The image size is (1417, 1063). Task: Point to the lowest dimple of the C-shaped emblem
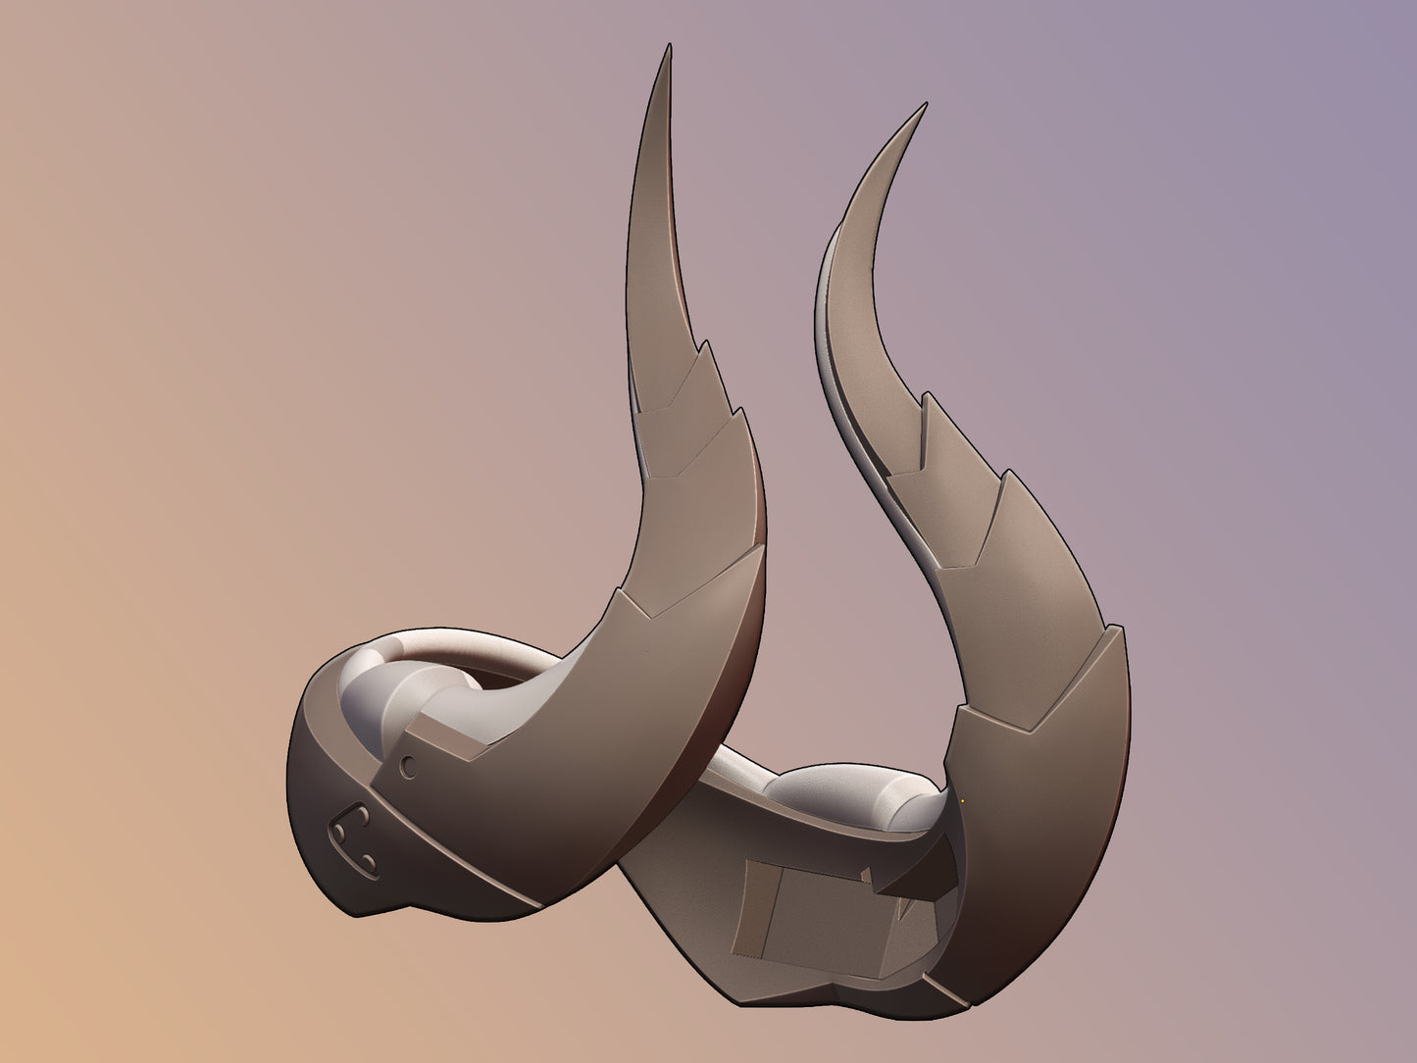point(371,862)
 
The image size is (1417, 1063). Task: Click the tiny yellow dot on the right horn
point(962,800)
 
